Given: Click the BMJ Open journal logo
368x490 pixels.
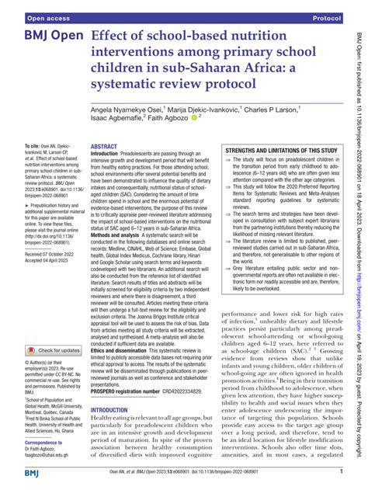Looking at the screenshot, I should point(45,37).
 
